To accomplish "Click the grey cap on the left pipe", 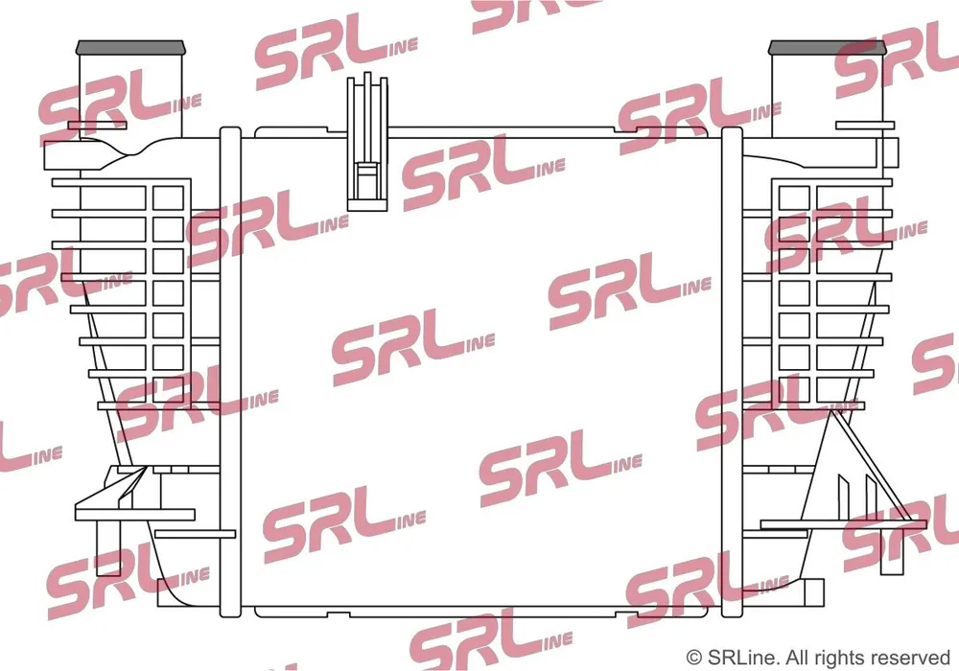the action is pyautogui.click(x=129, y=48).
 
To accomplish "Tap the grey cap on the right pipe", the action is pyautogui.click(x=827, y=48).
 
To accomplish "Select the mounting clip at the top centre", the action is pyautogui.click(x=367, y=142).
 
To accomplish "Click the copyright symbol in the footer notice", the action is pyautogui.click(x=693, y=659).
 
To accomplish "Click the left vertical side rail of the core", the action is pyautogui.click(x=230, y=372).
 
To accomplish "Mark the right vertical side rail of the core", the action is pyautogui.click(x=732, y=372).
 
